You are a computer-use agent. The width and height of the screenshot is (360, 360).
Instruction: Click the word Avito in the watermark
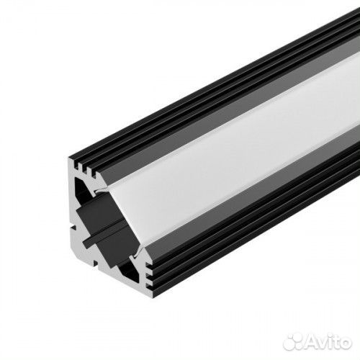pos(328,338)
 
